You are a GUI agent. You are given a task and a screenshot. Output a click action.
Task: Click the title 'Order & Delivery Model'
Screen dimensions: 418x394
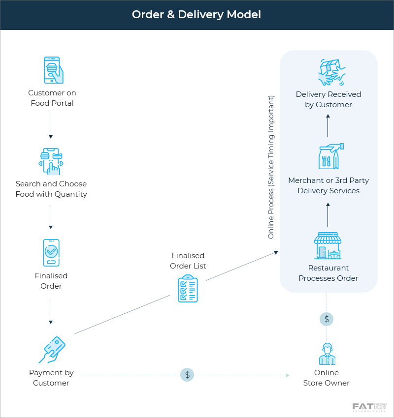click(x=197, y=15)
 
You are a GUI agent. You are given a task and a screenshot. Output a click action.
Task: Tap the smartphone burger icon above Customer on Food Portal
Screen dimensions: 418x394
click(x=52, y=70)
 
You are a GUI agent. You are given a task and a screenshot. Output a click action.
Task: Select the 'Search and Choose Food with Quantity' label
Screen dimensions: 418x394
click(x=51, y=189)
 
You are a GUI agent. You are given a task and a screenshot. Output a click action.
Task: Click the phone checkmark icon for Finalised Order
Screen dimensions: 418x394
click(x=51, y=253)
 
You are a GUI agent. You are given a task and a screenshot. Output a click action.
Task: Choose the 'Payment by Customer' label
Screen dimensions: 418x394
click(x=51, y=378)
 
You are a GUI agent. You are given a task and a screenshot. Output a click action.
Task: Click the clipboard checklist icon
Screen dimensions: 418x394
click(x=188, y=289)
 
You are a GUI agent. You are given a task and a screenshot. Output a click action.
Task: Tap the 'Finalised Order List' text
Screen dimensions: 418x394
click(x=188, y=261)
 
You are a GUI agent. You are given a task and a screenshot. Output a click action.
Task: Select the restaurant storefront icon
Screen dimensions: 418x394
click(x=328, y=245)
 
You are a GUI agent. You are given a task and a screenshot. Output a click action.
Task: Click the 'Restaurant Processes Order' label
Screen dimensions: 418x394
click(x=328, y=273)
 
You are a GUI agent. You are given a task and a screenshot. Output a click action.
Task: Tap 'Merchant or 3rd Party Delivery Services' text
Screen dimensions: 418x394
click(x=328, y=185)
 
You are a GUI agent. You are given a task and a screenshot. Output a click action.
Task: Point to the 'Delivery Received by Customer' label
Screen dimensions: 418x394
click(x=328, y=99)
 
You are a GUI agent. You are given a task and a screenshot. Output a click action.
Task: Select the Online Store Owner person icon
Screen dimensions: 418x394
click(x=327, y=354)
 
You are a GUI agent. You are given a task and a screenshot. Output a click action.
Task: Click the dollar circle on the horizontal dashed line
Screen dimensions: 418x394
click(x=187, y=375)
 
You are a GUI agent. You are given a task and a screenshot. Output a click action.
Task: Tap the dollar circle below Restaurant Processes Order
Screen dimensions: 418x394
click(x=327, y=319)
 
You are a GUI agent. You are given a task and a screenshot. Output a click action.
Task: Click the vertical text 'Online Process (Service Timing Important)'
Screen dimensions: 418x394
click(x=271, y=167)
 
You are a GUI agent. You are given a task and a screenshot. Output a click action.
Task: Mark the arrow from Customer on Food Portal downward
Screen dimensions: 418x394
click(x=51, y=125)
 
